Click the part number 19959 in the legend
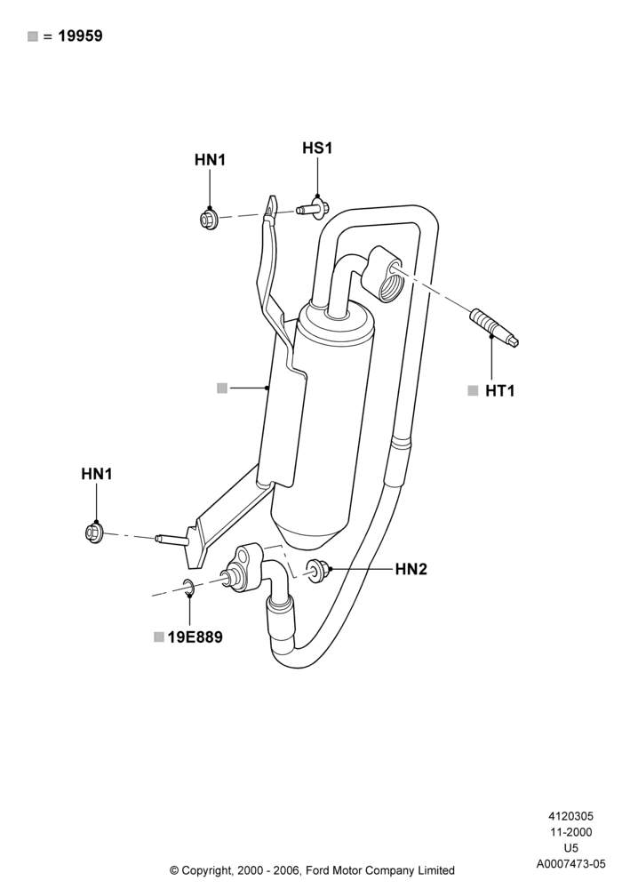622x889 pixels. coord(81,36)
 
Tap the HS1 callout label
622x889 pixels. coord(317,148)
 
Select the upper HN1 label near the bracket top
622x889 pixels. coord(211,160)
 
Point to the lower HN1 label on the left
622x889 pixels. coord(97,474)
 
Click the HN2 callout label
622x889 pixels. coord(411,569)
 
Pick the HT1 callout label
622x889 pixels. coord(500,390)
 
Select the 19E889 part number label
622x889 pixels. coord(195,637)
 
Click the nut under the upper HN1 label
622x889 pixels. coord(209,218)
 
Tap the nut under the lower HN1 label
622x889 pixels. coord(94,533)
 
